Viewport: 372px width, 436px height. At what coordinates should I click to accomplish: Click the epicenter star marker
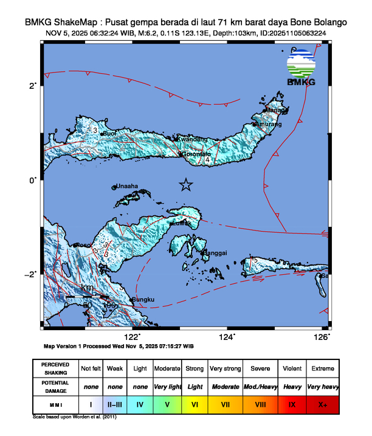click(x=186, y=185)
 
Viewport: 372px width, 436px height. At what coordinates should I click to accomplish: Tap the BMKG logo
click(x=301, y=68)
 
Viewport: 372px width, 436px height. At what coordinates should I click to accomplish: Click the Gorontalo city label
click(x=197, y=154)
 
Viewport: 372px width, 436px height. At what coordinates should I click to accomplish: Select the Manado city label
click(x=277, y=111)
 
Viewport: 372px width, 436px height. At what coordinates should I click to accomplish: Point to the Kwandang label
click(x=191, y=140)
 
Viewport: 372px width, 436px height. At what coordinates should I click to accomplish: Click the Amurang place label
click(x=269, y=125)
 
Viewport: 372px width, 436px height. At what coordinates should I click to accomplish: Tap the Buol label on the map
click(x=110, y=133)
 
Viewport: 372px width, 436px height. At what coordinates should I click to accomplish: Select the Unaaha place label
click(x=128, y=187)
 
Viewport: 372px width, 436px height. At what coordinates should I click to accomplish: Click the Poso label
click(x=82, y=245)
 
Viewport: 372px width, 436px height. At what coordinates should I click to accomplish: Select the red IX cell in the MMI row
click(x=292, y=404)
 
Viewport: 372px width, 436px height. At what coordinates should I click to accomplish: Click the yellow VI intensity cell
click(x=195, y=404)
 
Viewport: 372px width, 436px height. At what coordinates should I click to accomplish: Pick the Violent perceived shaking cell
click(x=292, y=369)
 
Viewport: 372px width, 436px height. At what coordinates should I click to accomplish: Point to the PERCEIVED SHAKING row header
click(x=55, y=369)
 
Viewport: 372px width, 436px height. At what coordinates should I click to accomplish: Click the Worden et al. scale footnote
click(x=75, y=417)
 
